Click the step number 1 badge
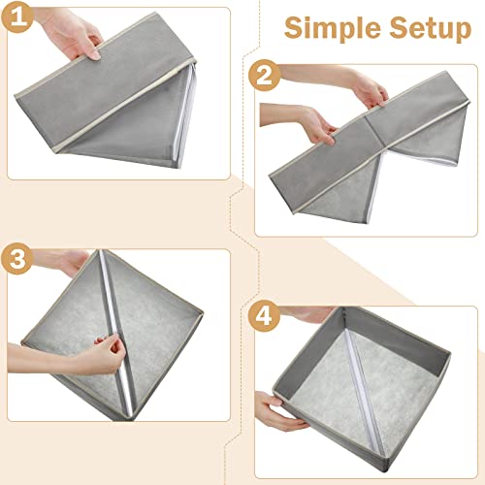coord(22,17)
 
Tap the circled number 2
coord(265,74)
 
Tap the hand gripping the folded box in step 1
coord(73,34)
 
